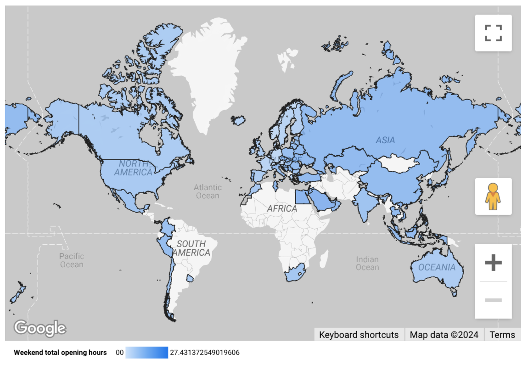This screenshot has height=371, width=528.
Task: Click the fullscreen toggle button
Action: point(493,33)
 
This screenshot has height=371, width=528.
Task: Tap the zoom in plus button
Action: point(493,263)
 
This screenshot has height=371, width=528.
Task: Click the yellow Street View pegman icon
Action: point(493,197)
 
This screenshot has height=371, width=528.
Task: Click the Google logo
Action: point(40,328)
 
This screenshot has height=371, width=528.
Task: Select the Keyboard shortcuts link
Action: point(359,335)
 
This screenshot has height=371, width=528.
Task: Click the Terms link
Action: point(502,335)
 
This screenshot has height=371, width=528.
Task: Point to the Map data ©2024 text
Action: point(444,335)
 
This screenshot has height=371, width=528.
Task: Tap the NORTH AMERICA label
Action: point(134,168)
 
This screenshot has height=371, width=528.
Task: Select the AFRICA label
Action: point(282,208)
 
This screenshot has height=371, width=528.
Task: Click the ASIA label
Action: point(385,140)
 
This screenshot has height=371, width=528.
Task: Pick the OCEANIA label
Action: point(437,267)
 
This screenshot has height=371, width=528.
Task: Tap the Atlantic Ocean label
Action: point(208,191)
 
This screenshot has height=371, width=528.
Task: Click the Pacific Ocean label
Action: point(72,260)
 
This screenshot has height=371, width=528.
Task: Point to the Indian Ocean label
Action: point(367,264)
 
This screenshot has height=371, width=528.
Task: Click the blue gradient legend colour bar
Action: point(146,353)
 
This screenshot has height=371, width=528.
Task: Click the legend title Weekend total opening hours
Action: point(60,353)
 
